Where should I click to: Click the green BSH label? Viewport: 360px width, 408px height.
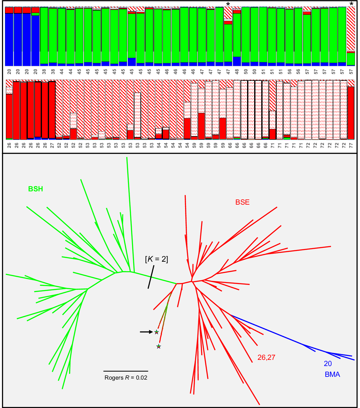[x=35, y=189]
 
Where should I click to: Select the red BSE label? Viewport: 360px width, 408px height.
[x=242, y=202]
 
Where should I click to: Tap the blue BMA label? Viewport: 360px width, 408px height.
[x=332, y=374]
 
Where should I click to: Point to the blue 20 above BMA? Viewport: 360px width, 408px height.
[x=328, y=364]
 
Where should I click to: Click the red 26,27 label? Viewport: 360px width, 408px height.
[x=266, y=357]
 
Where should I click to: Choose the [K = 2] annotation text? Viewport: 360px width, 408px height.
[x=156, y=259]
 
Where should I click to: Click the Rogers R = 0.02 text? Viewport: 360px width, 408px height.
[x=126, y=378]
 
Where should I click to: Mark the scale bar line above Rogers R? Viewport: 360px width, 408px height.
[x=126, y=371]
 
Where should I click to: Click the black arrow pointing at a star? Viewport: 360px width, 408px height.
[x=146, y=332]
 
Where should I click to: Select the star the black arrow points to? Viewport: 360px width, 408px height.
[x=156, y=332]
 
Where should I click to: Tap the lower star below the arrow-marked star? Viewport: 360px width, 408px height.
[x=159, y=346]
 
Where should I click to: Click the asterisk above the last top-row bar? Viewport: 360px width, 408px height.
[x=351, y=4]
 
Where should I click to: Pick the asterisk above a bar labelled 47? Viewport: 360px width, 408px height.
[x=228, y=4]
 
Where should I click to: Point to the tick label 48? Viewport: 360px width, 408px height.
[x=237, y=71]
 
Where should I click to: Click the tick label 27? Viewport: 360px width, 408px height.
[x=52, y=145]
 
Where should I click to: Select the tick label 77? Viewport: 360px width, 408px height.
[x=351, y=145]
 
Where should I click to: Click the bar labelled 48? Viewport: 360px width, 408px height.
[x=237, y=37]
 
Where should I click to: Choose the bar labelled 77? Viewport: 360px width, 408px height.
[x=351, y=111]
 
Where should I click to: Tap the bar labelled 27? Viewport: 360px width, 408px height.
[x=52, y=110]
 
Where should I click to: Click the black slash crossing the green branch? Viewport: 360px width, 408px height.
[x=151, y=277]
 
